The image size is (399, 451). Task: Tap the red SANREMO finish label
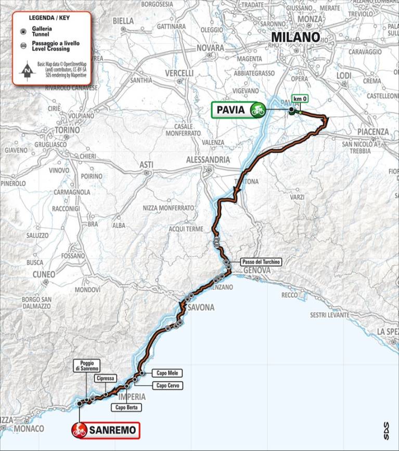(106, 430)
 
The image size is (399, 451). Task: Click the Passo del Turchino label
(261, 262)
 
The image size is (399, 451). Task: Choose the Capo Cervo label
(166, 386)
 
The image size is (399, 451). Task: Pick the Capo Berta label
(126, 408)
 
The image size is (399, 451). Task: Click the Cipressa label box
(105, 379)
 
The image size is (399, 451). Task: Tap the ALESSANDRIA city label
(208, 160)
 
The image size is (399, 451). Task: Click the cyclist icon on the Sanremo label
(80, 430)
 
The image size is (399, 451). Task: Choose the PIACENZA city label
(372, 131)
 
